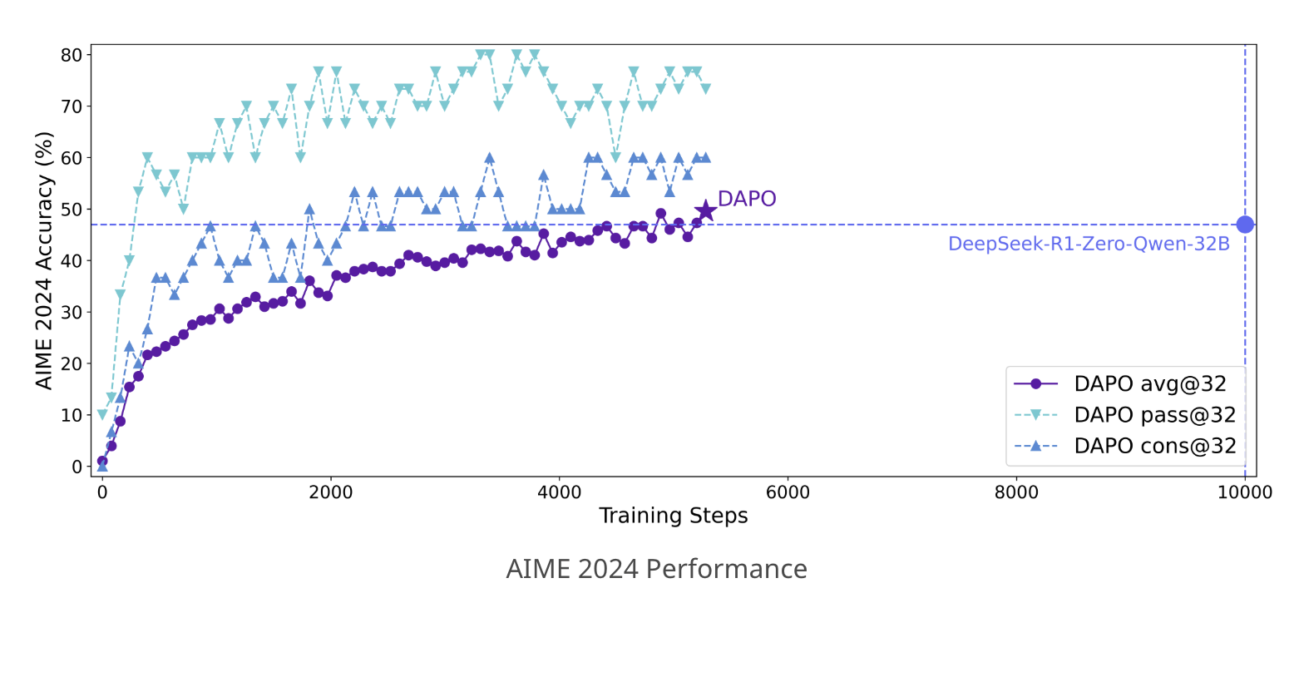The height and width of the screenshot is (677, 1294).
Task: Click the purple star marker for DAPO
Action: (x=705, y=210)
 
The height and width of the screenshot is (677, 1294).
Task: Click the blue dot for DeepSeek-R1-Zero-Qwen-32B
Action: (x=1244, y=225)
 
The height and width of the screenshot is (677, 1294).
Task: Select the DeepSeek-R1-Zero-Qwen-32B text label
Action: (x=1089, y=245)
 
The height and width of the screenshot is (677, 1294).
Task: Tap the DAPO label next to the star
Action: (x=746, y=199)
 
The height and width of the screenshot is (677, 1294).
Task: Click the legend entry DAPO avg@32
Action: (x=1150, y=383)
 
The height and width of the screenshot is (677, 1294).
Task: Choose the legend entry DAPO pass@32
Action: (x=1154, y=414)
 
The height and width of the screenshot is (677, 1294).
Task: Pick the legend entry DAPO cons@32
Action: (x=1154, y=446)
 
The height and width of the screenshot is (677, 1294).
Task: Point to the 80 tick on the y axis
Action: (x=72, y=55)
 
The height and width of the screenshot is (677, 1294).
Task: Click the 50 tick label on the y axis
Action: (x=72, y=210)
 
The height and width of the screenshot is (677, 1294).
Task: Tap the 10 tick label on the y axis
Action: (x=72, y=415)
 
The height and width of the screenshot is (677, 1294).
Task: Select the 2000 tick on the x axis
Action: (x=331, y=492)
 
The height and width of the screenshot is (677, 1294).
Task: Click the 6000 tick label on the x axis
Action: (x=788, y=492)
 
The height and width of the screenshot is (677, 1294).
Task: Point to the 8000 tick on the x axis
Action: (x=1016, y=492)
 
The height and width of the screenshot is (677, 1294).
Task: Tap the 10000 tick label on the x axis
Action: (x=1244, y=492)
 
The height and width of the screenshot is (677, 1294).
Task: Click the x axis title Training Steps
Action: (x=673, y=516)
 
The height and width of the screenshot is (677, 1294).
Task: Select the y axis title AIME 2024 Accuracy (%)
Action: (x=44, y=259)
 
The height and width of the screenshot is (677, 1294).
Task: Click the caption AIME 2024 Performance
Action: (x=656, y=569)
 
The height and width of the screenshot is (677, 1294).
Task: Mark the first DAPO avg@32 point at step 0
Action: (x=102, y=461)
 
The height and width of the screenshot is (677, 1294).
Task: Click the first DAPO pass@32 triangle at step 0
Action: (x=102, y=415)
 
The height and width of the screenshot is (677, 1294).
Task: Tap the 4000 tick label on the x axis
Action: (x=559, y=492)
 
